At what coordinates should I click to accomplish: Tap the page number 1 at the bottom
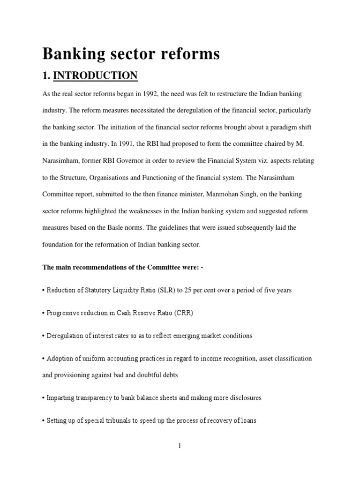pos(180,446)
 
